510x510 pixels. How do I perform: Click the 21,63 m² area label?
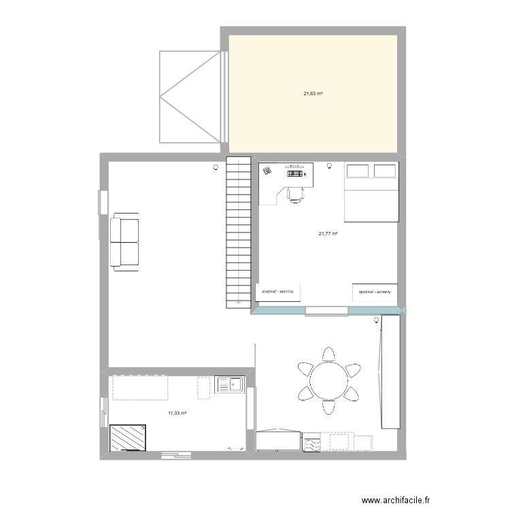(313, 93)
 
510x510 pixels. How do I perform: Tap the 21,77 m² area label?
(328, 234)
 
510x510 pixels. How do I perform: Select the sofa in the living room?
(124, 242)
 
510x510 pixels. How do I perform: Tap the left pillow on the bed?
(358, 171)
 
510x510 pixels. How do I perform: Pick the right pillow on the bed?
(385, 171)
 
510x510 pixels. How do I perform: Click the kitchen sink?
(230, 386)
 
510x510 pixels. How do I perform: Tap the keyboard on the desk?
(294, 173)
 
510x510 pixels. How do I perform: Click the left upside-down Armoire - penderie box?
(278, 292)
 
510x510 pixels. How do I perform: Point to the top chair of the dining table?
(329, 354)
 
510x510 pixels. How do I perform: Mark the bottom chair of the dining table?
(329, 406)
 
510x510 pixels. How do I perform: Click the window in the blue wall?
(326, 311)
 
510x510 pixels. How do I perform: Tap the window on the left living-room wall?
(103, 201)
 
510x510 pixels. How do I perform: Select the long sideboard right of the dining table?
(390, 371)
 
